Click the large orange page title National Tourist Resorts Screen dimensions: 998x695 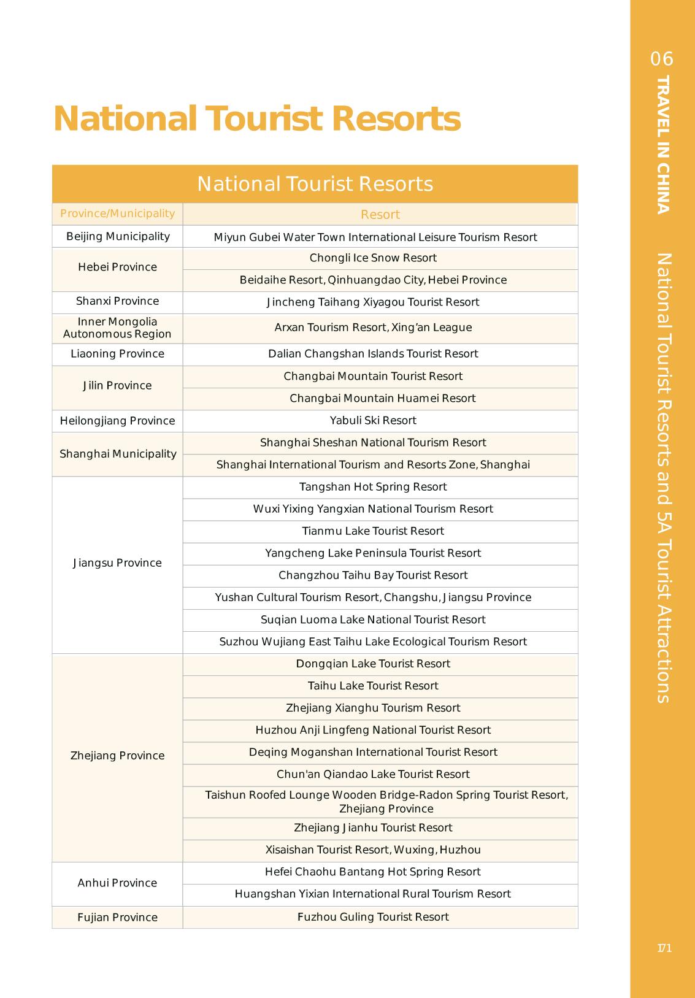pos(256,118)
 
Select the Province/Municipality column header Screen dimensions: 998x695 pos(117,213)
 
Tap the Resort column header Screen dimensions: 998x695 pos(380,215)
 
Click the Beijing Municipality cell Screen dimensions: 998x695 pos(118,236)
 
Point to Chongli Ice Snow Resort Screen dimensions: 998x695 pos(373,258)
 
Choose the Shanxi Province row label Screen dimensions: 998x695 pos(117,301)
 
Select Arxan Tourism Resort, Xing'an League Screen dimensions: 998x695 pos(373,328)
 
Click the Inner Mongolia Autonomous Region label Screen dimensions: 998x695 pos(117,328)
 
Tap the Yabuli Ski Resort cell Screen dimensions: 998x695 pos(373,421)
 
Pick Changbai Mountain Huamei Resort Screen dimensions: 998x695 pos(382,399)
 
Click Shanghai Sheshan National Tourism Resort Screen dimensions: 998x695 pos(373,443)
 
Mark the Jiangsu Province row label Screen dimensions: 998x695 pos(117,563)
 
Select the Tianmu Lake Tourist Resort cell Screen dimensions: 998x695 pos(373,531)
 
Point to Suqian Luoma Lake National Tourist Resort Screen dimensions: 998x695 pos(373,620)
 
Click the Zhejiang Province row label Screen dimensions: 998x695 pos(117,756)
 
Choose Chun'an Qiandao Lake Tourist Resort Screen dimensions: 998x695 pos(373,774)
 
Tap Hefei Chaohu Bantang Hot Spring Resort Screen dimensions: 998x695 pos(373,872)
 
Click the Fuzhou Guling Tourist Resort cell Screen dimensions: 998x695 pos(373,917)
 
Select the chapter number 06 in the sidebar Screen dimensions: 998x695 pos(662,59)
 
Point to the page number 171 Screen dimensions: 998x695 pos(664,948)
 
